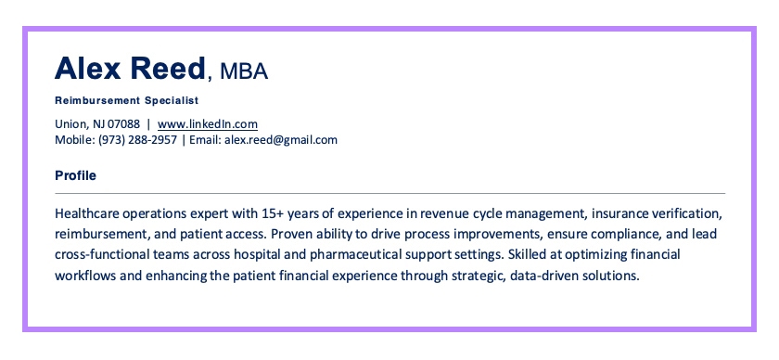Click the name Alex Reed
(131, 68)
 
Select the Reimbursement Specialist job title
(127, 99)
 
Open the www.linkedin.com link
(207, 123)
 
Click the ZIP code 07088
(124, 123)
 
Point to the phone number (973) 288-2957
(138, 140)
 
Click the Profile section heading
(76, 175)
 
